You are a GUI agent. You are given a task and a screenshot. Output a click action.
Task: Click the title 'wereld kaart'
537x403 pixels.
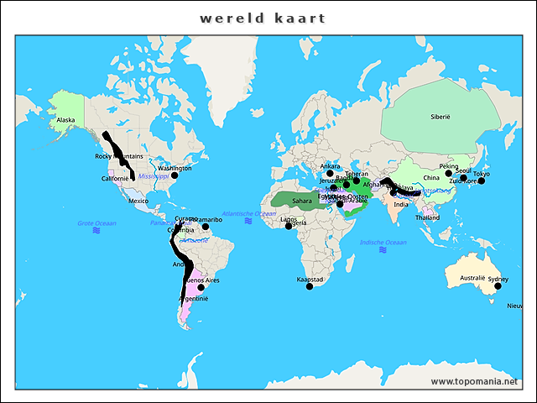pyautogui.click(x=263, y=18)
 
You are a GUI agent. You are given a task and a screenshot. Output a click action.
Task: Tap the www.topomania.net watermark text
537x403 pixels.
pyautogui.click(x=474, y=382)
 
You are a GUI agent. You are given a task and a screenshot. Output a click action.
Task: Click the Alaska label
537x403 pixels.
pyautogui.click(x=65, y=120)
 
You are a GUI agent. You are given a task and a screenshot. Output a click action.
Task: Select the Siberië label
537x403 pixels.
pyautogui.click(x=441, y=116)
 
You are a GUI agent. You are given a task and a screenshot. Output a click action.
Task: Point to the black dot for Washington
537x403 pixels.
pyautogui.click(x=175, y=175)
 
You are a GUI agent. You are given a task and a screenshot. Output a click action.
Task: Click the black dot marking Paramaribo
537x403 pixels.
pyautogui.click(x=206, y=227)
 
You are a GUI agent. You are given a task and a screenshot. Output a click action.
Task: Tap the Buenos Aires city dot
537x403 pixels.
pyautogui.click(x=201, y=288)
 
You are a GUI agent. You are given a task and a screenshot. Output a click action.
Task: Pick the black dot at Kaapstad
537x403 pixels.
pyautogui.click(x=310, y=287)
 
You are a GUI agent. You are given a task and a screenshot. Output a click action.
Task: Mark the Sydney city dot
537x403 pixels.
pyautogui.click(x=498, y=286)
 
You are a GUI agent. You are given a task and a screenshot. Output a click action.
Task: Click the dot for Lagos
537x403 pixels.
pyautogui.click(x=289, y=226)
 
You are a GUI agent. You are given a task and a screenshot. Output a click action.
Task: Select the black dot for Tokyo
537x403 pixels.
pyautogui.click(x=482, y=181)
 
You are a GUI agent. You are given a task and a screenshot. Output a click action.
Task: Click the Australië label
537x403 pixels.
pyautogui.click(x=472, y=278)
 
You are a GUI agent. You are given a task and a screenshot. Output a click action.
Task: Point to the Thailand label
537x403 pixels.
pyautogui.click(x=426, y=217)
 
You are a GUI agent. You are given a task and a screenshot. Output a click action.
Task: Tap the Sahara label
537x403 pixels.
pyautogui.click(x=302, y=201)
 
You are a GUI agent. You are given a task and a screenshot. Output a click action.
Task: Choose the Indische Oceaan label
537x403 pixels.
pyautogui.click(x=383, y=243)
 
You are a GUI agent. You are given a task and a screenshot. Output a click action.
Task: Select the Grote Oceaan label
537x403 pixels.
pyautogui.click(x=96, y=223)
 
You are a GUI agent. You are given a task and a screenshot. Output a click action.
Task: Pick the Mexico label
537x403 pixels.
pyautogui.click(x=138, y=201)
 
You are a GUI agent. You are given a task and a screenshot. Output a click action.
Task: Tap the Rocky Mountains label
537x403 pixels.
pyautogui.click(x=118, y=156)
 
